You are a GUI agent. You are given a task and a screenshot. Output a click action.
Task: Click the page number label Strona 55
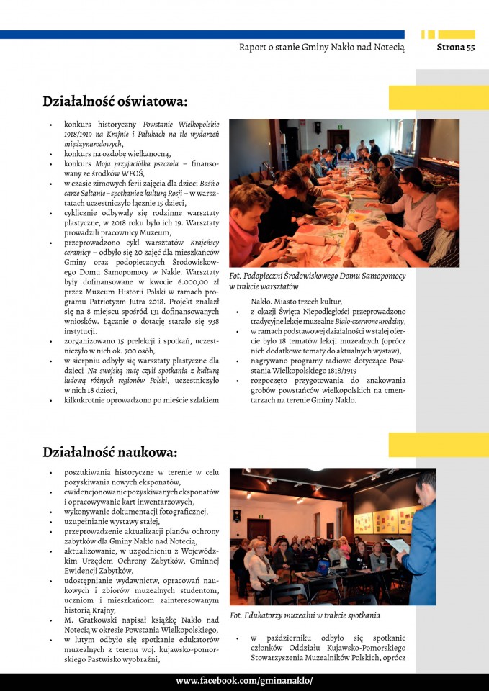click(x=456, y=48)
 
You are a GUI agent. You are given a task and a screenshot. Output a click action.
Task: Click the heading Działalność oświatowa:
click(x=115, y=101)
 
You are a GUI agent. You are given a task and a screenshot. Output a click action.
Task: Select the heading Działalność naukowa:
click(x=109, y=453)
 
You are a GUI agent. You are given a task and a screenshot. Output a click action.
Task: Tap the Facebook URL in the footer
click(x=244, y=681)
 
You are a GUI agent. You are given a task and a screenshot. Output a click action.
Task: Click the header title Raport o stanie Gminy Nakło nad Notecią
click(x=321, y=48)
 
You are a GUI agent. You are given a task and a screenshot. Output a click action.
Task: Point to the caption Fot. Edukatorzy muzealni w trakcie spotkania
click(x=305, y=615)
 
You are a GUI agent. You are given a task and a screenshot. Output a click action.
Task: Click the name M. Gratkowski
click(x=91, y=620)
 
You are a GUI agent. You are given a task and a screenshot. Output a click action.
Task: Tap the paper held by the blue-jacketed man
click(x=398, y=545)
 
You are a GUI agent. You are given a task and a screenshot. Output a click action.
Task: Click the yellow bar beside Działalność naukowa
click(x=439, y=445)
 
